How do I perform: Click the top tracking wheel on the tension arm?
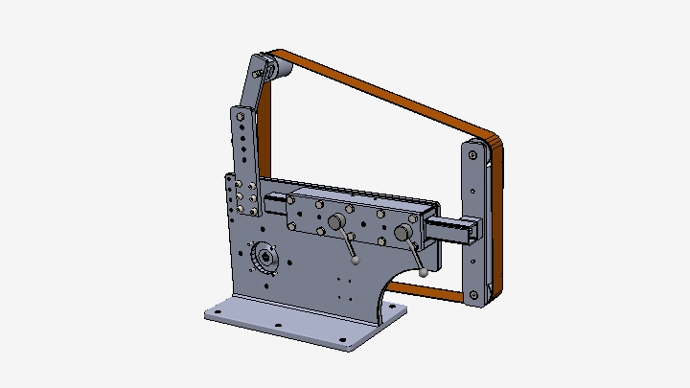pos(267,68)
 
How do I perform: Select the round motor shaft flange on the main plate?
pos(264,259)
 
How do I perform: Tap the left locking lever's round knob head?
pos(337,222)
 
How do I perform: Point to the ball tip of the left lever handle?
pos(356,257)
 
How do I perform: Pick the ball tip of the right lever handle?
pos(423,272)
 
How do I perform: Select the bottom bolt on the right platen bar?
pos(471,294)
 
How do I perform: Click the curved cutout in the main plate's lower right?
pos(391,287)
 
